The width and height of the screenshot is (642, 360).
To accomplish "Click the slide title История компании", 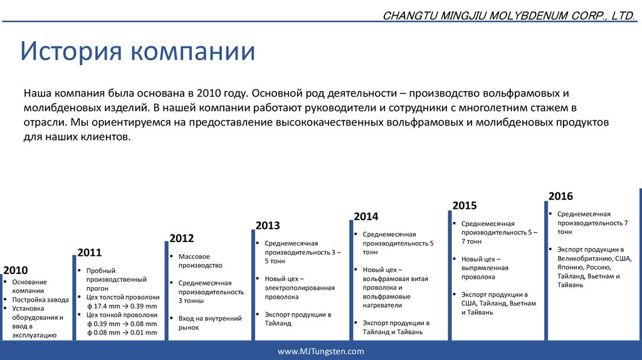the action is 137,51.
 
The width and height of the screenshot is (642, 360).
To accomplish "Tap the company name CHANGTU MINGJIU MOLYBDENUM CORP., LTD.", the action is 508,16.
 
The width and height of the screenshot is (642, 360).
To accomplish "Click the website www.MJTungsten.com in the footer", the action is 320,351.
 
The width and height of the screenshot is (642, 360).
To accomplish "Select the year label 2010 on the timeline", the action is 16,270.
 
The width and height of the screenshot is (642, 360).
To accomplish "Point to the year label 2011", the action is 89,252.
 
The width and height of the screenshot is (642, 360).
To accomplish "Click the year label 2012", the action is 181,238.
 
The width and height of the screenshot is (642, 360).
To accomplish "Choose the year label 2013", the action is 268,225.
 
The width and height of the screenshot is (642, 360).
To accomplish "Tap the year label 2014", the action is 366,216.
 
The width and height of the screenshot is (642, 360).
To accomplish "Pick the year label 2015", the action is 465,205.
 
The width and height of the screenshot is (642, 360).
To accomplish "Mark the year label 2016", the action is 560,196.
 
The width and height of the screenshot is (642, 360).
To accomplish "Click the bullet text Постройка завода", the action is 41,300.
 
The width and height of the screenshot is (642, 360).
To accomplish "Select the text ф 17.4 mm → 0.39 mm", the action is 122,306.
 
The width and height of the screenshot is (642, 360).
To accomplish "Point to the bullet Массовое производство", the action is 200,261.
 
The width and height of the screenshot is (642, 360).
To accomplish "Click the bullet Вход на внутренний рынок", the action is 210,323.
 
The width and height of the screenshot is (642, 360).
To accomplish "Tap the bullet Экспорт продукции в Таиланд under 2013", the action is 298,319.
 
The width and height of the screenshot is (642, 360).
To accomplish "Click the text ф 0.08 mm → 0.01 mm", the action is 122,332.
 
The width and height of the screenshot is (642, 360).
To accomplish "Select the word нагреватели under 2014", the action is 382,305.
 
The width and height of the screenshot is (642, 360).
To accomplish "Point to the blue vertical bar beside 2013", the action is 253,285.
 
